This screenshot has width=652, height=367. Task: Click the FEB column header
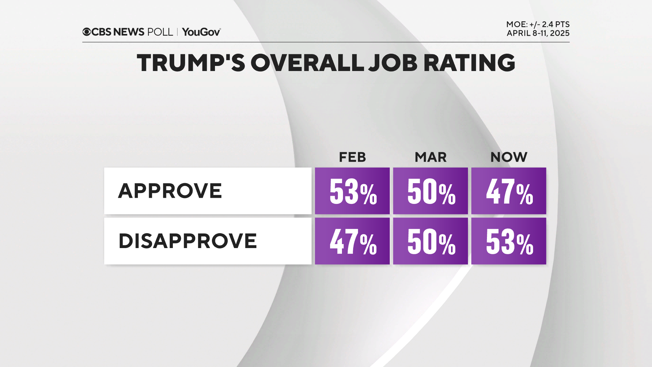coord(352,157)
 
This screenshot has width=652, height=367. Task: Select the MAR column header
coord(430,157)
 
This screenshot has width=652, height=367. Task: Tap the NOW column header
coord(509,157)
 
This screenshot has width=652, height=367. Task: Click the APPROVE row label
coord(170,191)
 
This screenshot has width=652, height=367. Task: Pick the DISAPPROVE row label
coord(187,241)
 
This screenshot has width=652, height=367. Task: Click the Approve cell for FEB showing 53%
coord(352,191)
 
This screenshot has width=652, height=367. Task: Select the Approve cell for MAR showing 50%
coord(430,191)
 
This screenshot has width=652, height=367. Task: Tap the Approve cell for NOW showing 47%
coord(509,191)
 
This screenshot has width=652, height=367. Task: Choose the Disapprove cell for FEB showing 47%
coord(352,241)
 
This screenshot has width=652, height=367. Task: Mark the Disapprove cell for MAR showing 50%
coord(430,241)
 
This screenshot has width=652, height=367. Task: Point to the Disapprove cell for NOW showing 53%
coord(509,241)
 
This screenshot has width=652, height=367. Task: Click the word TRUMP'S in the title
coord(191,63)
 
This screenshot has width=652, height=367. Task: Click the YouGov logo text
coord(201,32)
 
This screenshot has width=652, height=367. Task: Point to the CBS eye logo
coord(87,32)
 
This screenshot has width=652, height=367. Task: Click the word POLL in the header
coord(160,32)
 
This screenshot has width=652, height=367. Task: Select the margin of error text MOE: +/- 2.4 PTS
coord(538,24)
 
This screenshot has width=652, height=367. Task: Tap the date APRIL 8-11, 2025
coord(538,33)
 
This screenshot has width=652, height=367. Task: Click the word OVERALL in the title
coord(307,63)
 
